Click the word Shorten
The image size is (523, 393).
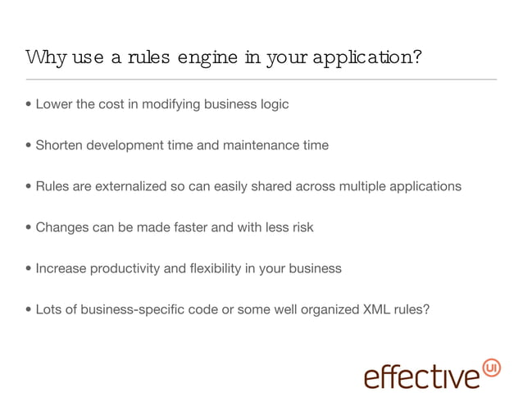coord(59,145)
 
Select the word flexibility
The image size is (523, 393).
coord(216,268)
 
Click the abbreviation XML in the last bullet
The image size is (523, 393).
coord(377,309)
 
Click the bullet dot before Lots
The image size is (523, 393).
coord(30,310)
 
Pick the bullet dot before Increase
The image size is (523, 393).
coord(30,269)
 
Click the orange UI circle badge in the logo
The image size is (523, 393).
coord(493,366)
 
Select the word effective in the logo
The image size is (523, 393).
coord(421,375)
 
